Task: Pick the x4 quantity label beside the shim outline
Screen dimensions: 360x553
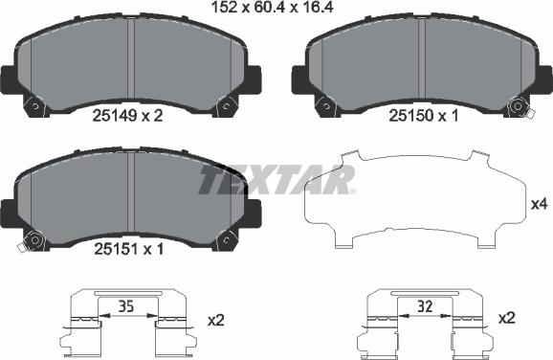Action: pos(539,204)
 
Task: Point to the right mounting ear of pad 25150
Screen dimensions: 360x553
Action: pos(542,77)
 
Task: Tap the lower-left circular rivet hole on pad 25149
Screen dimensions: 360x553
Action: pos(36,106)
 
